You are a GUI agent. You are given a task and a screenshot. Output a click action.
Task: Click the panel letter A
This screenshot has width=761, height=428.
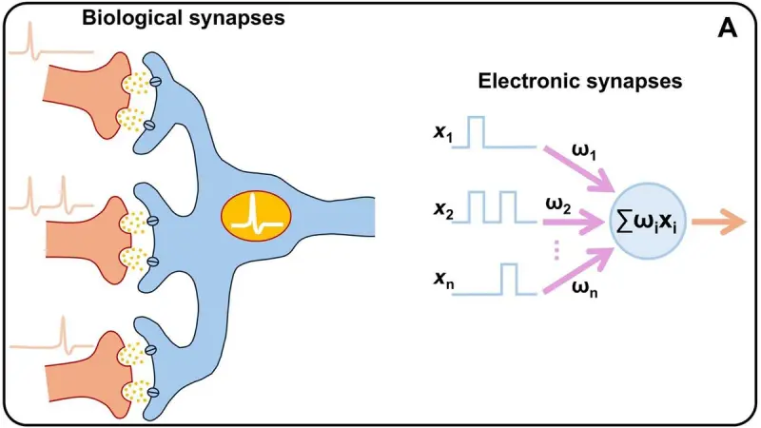tap(728, 29)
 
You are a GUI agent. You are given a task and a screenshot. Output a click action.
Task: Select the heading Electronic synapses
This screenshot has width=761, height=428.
tap(578, 82)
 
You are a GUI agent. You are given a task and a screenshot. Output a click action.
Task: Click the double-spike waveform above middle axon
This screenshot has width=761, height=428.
tap(48, 195)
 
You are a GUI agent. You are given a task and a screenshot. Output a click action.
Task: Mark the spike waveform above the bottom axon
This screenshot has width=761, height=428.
tap(48, 338)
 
